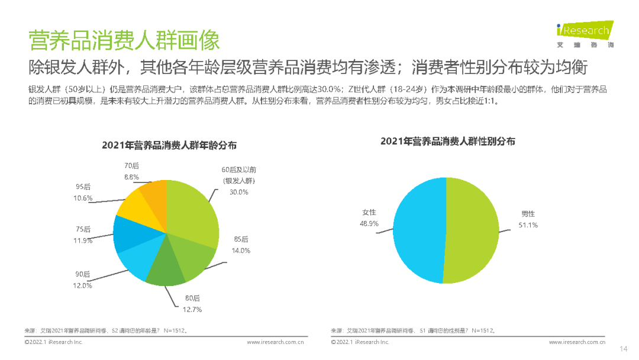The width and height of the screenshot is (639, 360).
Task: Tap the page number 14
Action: click(x=623, y=348)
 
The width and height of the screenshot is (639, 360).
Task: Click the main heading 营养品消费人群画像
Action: click(x=124, y=41)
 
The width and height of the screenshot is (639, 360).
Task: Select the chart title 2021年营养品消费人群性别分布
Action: click(x=447, y=141)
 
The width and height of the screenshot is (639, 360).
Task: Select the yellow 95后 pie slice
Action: click(x=135, y=203)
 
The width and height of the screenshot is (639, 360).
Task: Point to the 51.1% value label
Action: click(x=529, y=226)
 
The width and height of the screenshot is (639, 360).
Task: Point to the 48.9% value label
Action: click(x=369, y=224)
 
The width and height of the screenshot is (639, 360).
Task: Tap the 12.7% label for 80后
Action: click(x=192, y=309)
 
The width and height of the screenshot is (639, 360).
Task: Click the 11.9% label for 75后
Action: click(x=83, y=240)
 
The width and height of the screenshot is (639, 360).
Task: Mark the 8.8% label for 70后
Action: click(x=131, y=177)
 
